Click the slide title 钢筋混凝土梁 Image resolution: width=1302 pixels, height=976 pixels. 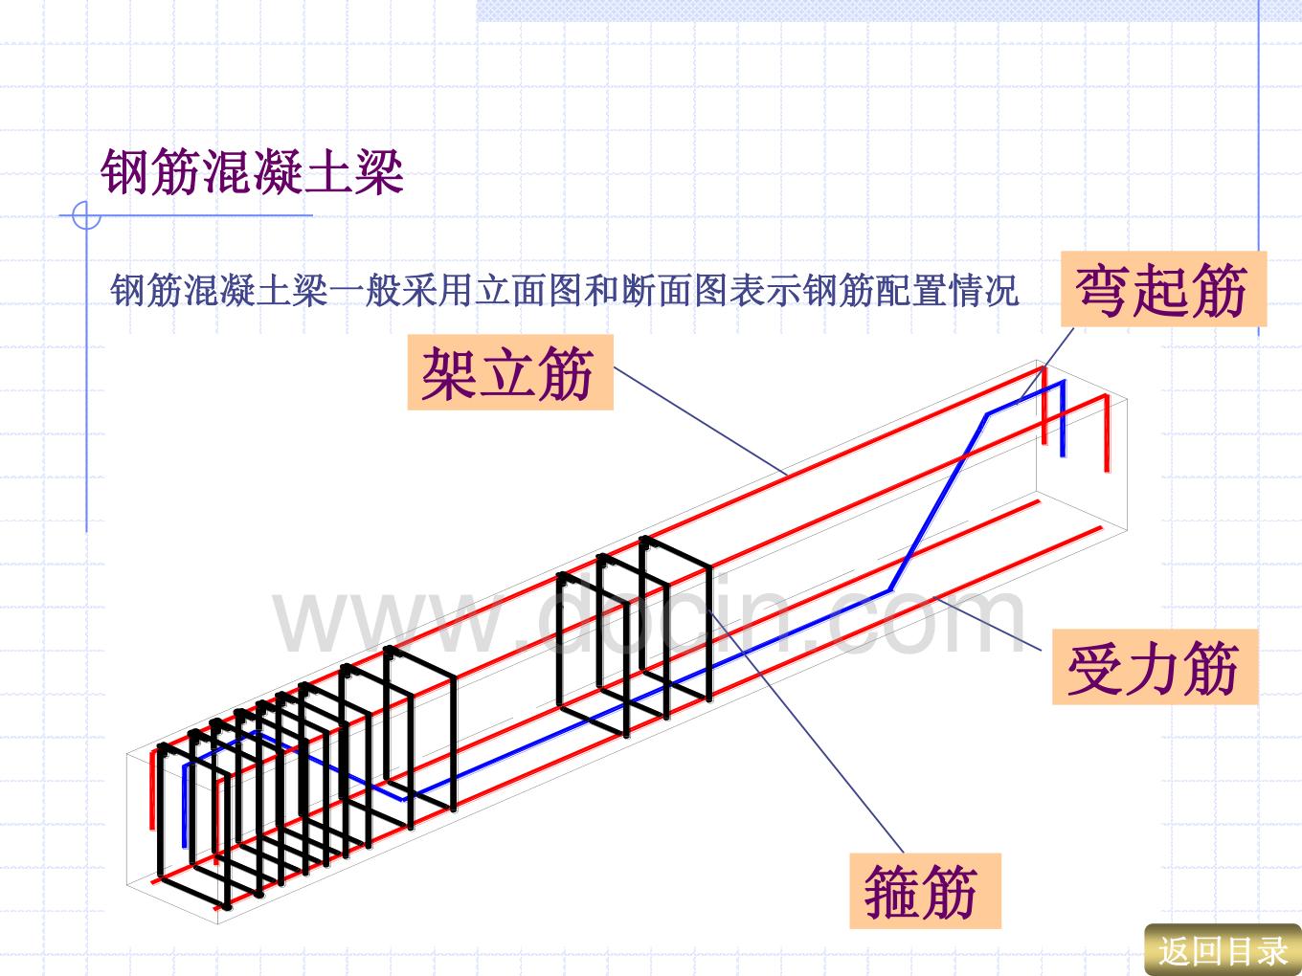point(252,172)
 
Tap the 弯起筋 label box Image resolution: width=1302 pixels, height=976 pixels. point(1164,289)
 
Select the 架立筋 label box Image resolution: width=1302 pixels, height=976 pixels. point(510,372)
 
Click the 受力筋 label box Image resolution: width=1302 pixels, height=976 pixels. point(1155,667)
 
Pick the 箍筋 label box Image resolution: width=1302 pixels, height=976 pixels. point(926,891)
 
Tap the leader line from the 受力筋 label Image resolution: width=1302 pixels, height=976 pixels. point(988,624)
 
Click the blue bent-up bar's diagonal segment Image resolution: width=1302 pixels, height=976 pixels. point(938,502)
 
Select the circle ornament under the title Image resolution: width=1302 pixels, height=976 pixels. point(86,215)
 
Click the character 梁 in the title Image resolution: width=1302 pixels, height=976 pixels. point(380,172)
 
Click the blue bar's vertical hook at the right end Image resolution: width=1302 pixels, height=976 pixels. point(1063,419)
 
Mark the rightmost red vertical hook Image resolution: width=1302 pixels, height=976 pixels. point(1107,433)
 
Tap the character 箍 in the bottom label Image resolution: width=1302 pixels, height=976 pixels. point(891,891)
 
